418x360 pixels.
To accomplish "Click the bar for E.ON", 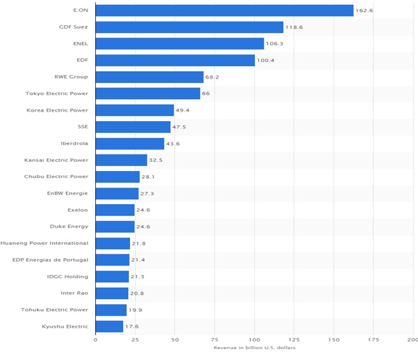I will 225,10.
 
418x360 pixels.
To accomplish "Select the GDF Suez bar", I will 190,27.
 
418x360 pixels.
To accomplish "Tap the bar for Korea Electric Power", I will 134,110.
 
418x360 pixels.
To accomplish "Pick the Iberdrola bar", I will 130,143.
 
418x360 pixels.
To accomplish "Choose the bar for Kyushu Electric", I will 109,326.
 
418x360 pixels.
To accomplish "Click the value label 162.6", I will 364,11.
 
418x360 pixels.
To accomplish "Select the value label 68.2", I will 212,77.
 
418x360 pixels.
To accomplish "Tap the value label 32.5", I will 155,160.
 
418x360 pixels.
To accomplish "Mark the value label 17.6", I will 131,326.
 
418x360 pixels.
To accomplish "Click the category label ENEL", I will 81,44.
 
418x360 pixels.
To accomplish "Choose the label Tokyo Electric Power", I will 57,94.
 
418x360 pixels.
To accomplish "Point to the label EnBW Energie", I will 67,193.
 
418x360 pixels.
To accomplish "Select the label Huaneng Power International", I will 44,243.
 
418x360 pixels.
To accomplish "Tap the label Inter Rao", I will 74,293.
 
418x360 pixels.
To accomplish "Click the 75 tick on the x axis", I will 214,340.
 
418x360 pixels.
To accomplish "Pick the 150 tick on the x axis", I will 334,340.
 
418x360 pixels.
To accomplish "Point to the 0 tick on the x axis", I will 96,340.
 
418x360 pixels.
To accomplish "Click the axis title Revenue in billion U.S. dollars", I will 254,348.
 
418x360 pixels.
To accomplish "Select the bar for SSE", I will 133,127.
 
